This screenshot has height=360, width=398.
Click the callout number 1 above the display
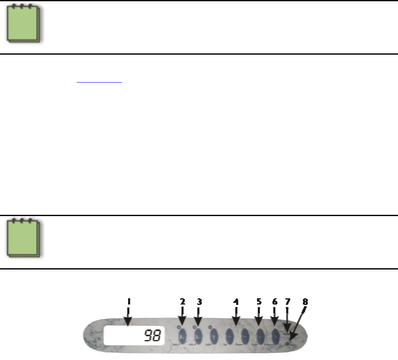tap(128, 301)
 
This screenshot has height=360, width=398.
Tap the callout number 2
tap(182, 301)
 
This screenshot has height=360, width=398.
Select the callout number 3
tap(199, 301)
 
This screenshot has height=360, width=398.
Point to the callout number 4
tap(236, 301)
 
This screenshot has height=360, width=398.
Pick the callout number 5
tap(259, 301)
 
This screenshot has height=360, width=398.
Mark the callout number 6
tap(275, 301)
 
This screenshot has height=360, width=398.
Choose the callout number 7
tap(287, 301)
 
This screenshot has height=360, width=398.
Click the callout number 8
tap(305, 301)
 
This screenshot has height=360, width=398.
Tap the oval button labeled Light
tap(214, 335)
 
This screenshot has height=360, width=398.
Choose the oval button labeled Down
tap(245, 335)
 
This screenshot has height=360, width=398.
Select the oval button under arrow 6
tap(275, 335)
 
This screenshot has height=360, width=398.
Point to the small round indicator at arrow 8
tap(289, 343)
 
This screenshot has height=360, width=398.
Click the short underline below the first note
tap(99, 83)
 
